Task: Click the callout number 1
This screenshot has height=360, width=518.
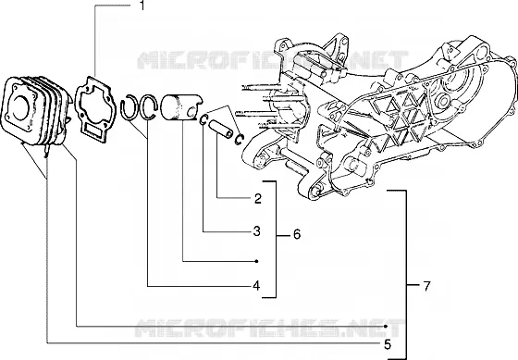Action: coord(142,5)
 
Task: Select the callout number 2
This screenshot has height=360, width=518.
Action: coord(258,198)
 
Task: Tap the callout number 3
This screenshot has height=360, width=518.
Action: coord(257,231)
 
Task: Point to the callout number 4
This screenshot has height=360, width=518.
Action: coord(256,285)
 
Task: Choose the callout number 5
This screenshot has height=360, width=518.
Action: coord(388,344)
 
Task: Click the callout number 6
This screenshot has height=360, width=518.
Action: coord(297,234)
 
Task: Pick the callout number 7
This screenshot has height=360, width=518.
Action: coord(426,286)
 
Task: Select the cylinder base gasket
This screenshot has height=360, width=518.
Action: coord(95,109)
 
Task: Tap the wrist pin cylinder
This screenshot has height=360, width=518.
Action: coord(218,128)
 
